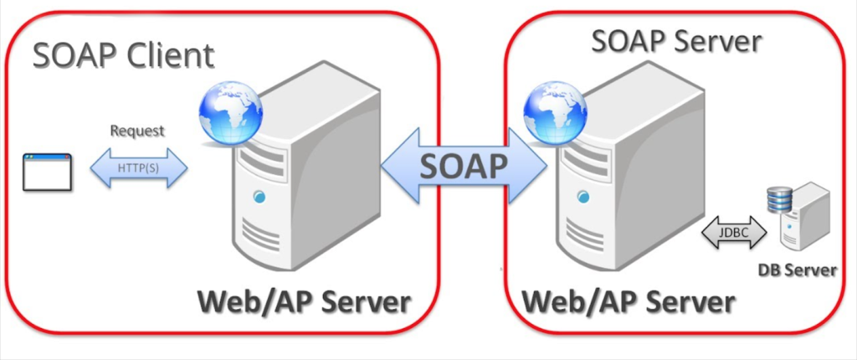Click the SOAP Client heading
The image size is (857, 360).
(124, 57)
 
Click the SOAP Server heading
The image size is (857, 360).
(676, 40)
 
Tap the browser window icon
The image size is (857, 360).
(47, 171)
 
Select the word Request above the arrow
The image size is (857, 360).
(137, 131)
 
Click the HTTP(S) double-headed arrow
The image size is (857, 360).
(139, 168)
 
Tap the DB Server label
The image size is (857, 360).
(797, 270)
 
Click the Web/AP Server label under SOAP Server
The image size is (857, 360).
(629, 301)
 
